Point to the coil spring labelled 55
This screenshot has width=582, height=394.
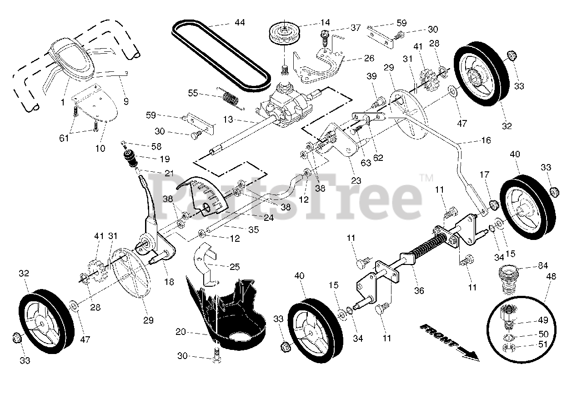(x=231, y=97)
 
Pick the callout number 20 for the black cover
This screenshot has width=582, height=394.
(x=181, y=332)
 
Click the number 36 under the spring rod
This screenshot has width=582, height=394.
(x=419, y=290)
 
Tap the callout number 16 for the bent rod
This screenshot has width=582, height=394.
(x=486, y=141)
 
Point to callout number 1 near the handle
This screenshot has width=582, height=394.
(x=63, y=103)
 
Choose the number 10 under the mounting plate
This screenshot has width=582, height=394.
(x=100, y=148)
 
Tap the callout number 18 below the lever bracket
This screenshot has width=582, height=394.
(x=169, y=282)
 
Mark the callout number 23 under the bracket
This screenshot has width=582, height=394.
(x=356, y=180)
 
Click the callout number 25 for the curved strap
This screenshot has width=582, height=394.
(x=235, y=267)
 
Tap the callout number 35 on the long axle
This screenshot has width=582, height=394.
(x=253, y=230)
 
